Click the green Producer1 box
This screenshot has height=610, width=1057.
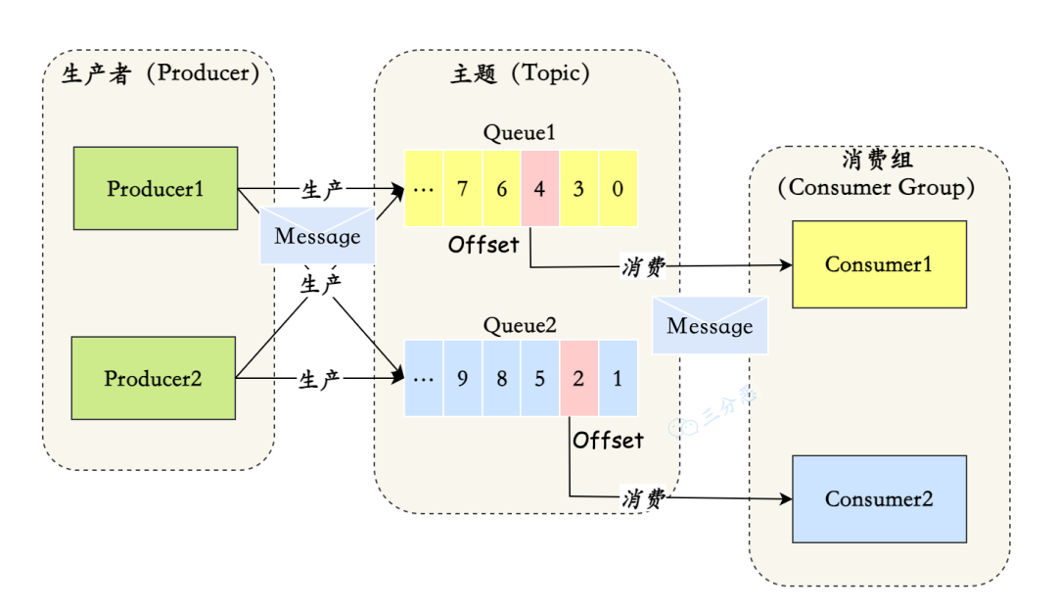point(156,188)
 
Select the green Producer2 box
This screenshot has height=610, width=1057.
point(154,378)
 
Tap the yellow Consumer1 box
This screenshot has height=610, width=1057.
point(878,264)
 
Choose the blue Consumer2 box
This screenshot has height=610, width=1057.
point(878,499)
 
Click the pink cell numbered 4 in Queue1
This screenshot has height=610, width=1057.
point(539,188)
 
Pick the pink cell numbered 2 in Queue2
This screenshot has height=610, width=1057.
point(578,378)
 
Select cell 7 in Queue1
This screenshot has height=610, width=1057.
point(462,188)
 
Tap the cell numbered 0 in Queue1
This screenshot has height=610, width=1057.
point(618,188)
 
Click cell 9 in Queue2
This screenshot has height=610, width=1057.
point(462,378)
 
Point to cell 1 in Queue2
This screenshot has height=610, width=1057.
point(618,378)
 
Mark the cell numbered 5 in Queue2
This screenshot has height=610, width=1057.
point(539,378)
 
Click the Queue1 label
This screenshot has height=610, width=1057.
point(520,133)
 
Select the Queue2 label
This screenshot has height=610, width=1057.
point(520,325)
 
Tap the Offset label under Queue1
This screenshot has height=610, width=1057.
point(483,245)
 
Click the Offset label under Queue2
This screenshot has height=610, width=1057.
point(609,441)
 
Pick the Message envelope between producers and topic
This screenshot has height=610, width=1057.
point(317,236)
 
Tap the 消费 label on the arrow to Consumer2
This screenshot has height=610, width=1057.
point(643,498)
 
